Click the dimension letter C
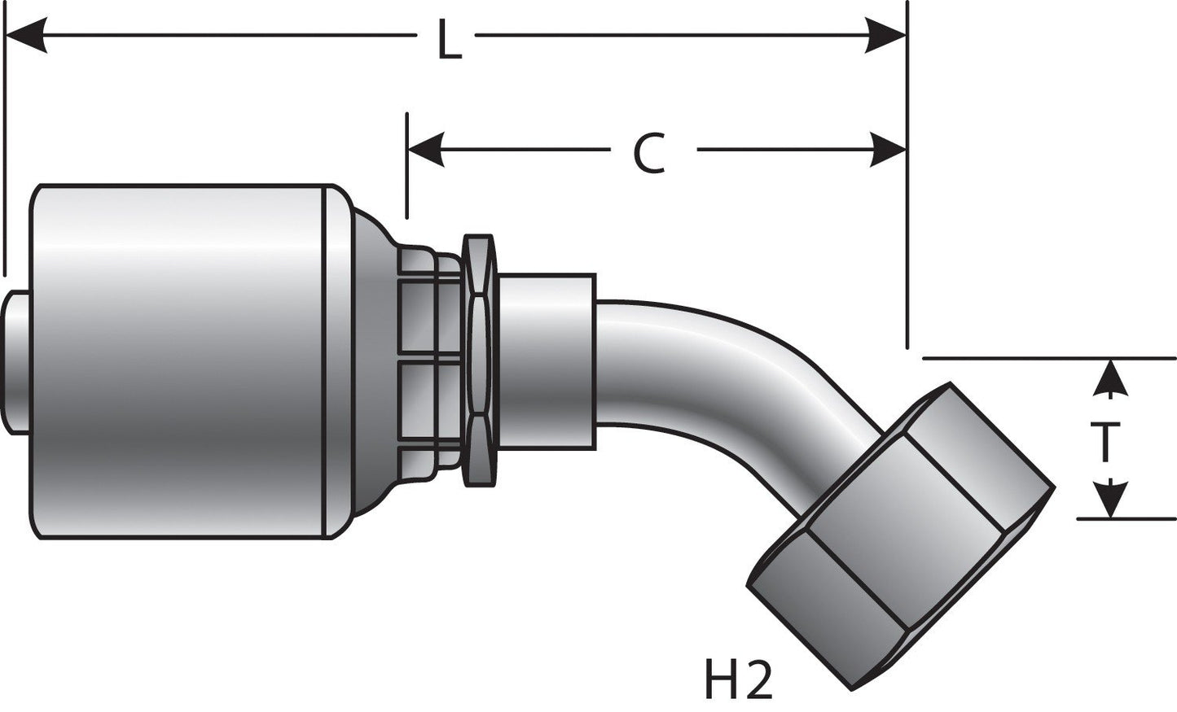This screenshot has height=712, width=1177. [x=649, y=154]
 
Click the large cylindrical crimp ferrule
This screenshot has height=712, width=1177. [x=179, y=358]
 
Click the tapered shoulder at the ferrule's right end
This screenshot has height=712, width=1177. [x=371, y=358]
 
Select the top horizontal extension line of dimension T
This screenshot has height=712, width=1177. [x=1051, y=358]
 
